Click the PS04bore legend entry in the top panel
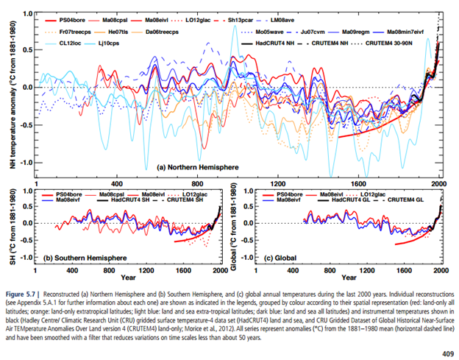point(74,14)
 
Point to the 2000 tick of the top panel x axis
point(439,183)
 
